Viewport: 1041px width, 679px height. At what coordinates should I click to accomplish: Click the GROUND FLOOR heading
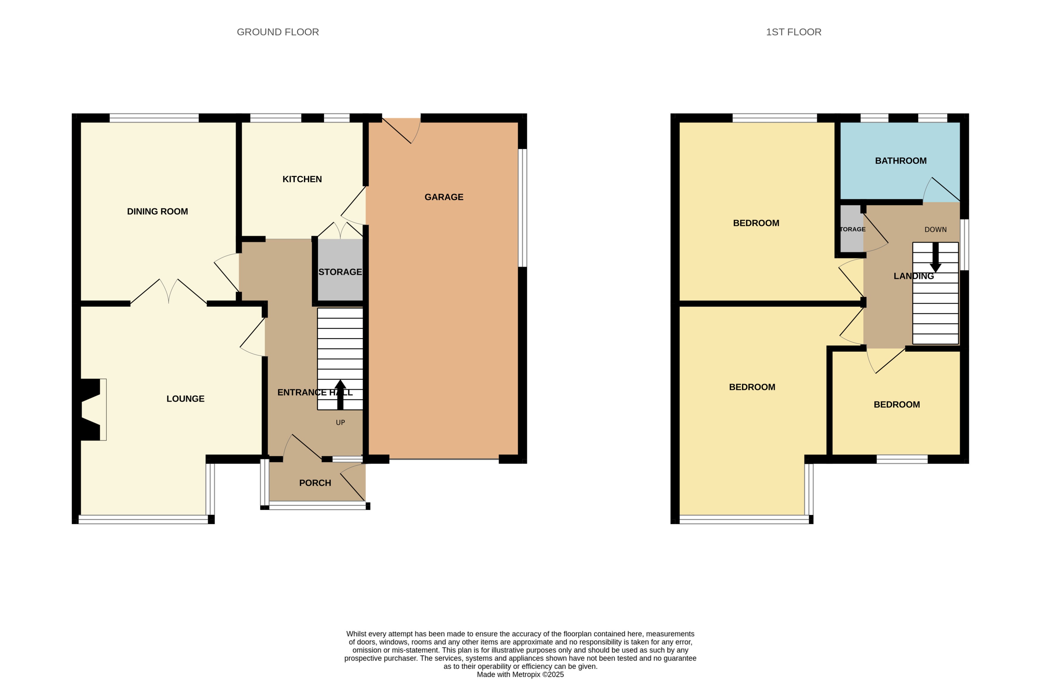pyautogui.click(x=278, y=32)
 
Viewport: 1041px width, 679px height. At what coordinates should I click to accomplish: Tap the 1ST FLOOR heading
pyautogui.click(x=794, y=32)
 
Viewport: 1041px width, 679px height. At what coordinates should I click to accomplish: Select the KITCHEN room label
pyautogui.click(x=302, y=179)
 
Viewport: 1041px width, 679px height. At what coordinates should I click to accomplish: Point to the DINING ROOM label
pyautogui.click(x=157, y=212)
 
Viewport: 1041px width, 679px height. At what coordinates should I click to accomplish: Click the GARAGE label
pyautogui.click(x=443, y=197)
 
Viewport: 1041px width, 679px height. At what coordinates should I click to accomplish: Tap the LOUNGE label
pyautogui.click(x=186, y=399)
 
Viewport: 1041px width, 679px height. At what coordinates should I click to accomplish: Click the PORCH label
pyautogui.click(x=315, y=483)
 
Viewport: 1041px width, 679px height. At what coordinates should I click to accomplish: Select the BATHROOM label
pyautogui.click(x=901, y=161)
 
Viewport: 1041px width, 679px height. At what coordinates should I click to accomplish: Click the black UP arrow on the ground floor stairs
pyautogui.click(x=340, y=394)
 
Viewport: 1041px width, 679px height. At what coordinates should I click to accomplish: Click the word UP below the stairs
pyautogui.click(x=340, y=423)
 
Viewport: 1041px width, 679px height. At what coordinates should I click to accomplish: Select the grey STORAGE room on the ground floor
pyautogui.click(x=340, y=272)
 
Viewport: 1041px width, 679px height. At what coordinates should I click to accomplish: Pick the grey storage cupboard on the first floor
pyautogui.click(x=851, y=229)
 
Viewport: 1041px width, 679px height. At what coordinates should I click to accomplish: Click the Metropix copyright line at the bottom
pyautogui.click(x=520, y=675)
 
